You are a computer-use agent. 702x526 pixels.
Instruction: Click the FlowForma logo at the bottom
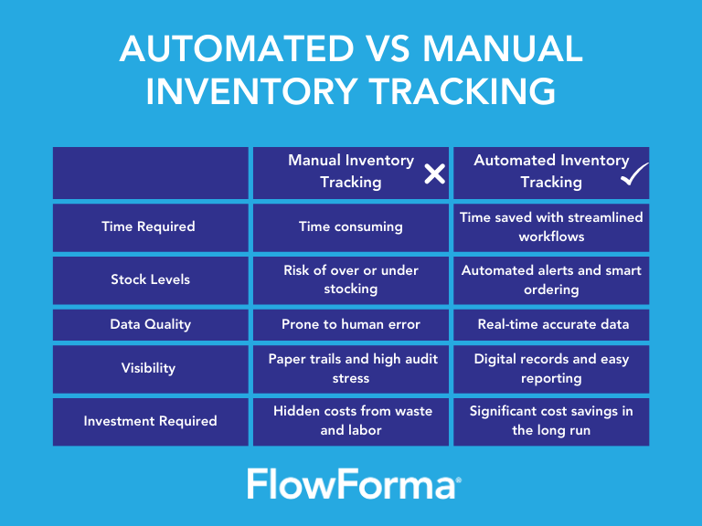click(353, 484)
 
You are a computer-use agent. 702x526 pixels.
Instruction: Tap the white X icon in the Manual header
click(434, 173)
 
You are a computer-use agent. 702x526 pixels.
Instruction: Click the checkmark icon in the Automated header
click(633, 174)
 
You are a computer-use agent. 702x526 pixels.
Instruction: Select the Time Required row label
click(148, 226)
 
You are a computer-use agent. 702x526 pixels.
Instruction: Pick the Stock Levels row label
click(148, 279)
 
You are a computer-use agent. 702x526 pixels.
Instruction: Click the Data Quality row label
click(148, 324)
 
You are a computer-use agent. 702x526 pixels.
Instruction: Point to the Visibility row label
click(148, 368)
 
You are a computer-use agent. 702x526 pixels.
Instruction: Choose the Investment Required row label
click(150, 421)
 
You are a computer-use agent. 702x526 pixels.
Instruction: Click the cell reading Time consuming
click(350, 226)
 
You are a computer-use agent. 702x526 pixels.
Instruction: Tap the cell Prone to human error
click(350, 324)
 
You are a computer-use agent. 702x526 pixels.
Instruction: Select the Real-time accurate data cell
click(551, 324)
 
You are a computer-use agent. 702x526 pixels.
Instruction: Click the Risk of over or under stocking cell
click(350, 279)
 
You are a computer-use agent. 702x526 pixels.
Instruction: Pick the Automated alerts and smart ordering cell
click(551, 279)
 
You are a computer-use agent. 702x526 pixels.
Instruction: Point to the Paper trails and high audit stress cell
click(350, 368)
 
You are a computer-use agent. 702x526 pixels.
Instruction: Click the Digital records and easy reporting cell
click(551, 368)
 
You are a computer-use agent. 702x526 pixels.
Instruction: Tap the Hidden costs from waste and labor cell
click(350, 421)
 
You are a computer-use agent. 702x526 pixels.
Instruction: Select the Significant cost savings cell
click(551, 421)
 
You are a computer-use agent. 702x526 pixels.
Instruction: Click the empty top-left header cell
click(150, 173)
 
